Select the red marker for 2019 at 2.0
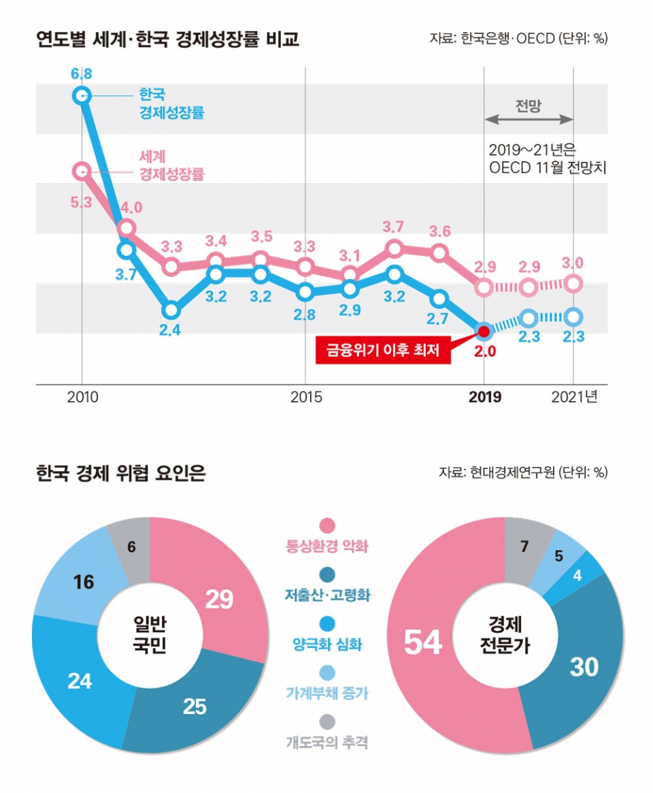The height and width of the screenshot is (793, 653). click(484, 331)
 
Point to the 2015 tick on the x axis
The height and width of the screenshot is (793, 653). click(305, 397)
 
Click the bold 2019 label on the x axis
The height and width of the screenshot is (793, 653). click(484, 397)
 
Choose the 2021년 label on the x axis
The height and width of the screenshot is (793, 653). click(574, 397)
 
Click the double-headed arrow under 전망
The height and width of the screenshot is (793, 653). click(529, 119)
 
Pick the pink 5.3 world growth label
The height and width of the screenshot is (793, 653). click(81, 203)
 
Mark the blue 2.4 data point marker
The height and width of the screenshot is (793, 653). click(171, 310)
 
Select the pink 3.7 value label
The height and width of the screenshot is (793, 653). click(395, 226)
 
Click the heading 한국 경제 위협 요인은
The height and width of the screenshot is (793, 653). click(120, 473)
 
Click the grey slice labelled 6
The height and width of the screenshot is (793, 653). click(132, 546)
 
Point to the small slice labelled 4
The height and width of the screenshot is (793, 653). click(577, 575)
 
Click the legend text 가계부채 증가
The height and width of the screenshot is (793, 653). click(327, 694)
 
